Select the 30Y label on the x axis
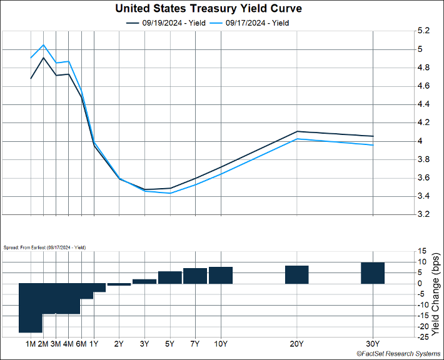373,344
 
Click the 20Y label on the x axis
296,344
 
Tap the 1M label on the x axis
31,344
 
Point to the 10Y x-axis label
221,344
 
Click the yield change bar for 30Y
373,273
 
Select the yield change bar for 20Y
296,275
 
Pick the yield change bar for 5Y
169,277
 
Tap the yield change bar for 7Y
195,276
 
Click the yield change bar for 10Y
221,275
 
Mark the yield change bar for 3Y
144,281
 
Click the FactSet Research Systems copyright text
397,354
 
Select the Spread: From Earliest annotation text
45,247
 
